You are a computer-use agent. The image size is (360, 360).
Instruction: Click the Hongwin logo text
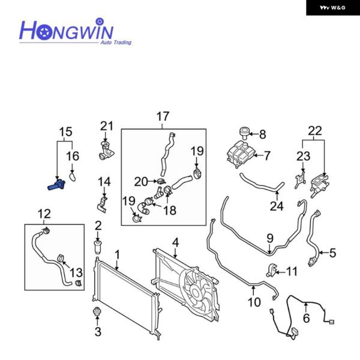[x=67, y=30]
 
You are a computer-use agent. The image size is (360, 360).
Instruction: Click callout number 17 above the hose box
[x=163, y=116]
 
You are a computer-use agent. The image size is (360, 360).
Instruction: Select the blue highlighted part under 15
[x=55, y=185]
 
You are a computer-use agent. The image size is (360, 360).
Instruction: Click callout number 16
[x=72, y=157]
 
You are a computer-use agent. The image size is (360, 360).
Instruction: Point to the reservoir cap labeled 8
[x=244, y=133]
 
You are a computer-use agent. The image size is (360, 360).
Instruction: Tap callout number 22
[x=315, y=130]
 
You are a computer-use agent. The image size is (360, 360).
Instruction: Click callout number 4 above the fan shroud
[x=175, y=243]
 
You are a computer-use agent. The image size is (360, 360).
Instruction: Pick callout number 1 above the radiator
[x=118, y=254]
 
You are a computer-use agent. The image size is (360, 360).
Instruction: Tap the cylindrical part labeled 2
[x=98, y=247]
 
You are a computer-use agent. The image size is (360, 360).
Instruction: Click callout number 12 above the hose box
[x=44, y=213]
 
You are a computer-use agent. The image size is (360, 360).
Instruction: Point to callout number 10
[x=254, y=302]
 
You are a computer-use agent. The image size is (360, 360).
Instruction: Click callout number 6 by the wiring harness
[x=306, y=319]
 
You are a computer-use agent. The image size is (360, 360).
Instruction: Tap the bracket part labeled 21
[x=105, y=149]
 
